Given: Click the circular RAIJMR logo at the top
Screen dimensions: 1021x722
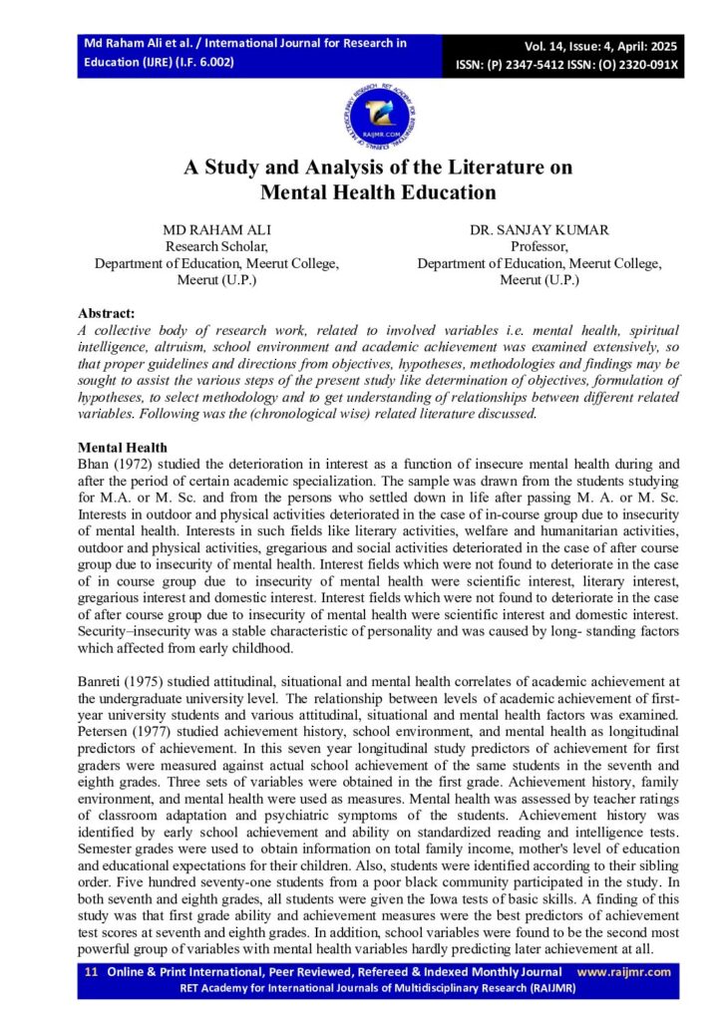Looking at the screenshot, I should tap(379, 116).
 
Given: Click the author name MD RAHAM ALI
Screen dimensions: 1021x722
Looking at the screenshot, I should tap(216, 229).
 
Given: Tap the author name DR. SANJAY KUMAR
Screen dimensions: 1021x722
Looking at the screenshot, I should tap(539, 229).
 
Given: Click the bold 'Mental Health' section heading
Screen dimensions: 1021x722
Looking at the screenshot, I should tap(123, 448).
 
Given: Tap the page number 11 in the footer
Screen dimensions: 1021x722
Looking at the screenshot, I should tap(90, 972).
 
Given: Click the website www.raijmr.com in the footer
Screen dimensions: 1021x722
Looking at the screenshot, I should tap(624, 972).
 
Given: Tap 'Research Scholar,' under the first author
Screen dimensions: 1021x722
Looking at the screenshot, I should tap(216, 246).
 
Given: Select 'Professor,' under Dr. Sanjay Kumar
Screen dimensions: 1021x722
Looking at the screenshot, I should tap(539, 246).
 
